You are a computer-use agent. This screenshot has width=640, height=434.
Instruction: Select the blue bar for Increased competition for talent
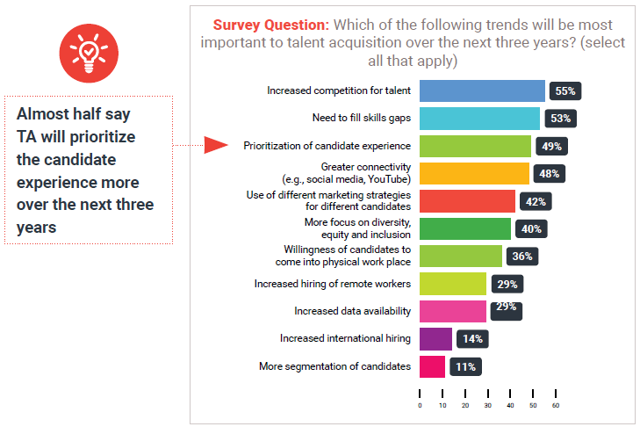[482, 90]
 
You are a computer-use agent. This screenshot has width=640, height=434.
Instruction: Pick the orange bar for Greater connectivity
[474, 173]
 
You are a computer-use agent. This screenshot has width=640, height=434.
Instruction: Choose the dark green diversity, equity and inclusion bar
[464, 229]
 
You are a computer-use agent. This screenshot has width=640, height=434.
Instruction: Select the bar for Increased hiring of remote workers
[452, 284]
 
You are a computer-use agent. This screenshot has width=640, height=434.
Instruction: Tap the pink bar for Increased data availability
[452, 311]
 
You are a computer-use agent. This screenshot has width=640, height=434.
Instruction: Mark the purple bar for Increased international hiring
[435, 338]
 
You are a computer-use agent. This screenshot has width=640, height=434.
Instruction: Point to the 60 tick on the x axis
[556, 405]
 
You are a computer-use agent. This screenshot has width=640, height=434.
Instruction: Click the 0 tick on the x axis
[420, 405]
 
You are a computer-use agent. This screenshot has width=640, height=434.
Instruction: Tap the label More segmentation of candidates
[334, 366]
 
